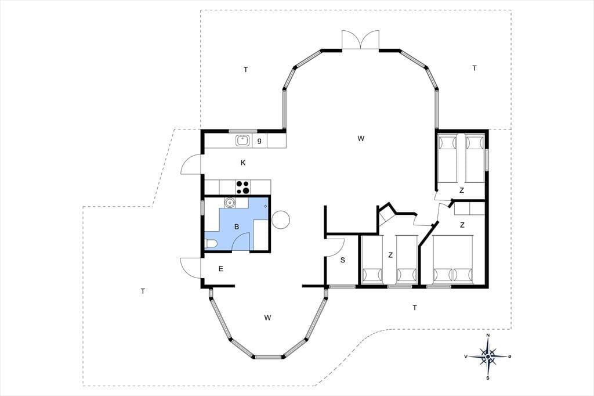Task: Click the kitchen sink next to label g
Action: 242,141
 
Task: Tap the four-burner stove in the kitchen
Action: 243,187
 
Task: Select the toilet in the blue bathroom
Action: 210,243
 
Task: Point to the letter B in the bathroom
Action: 237,227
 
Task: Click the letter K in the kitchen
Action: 243,163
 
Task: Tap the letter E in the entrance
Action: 221,269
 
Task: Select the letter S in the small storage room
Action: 343,260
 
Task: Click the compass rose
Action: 488,357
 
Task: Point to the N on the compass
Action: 488,336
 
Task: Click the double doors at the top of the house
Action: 360,40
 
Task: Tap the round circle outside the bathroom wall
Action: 281,219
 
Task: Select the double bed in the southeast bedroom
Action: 453,260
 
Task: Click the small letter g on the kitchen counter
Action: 259,141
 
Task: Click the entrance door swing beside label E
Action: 190,268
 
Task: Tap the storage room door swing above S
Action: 335,247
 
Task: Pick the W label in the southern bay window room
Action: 268,318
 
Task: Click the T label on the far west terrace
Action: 143,291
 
